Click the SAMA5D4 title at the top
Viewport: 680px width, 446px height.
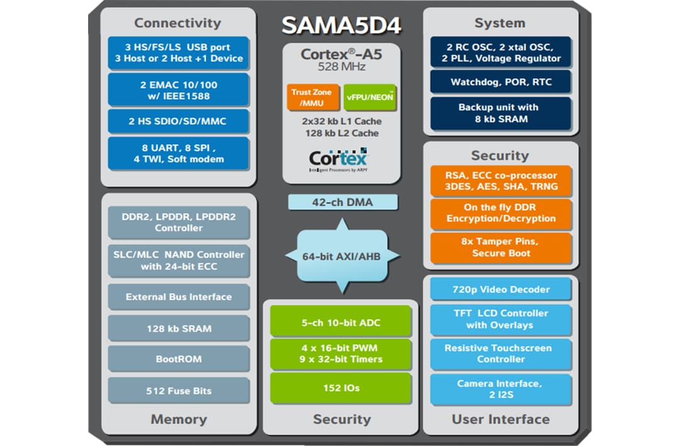coord(341,25)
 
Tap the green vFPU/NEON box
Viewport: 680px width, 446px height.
coord(370,98)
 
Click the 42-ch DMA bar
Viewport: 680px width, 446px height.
coord(343,202)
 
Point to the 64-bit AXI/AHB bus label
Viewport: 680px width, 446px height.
coord(342,256)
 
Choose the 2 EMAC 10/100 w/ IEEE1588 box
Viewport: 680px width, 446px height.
coord(178,90)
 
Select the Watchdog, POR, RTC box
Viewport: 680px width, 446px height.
coord(501,82)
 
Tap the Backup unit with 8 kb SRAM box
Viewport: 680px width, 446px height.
coord(501,113)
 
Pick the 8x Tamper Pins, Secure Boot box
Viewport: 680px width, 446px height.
coord(501,247)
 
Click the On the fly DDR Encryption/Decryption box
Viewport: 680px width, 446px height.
coord(501,213)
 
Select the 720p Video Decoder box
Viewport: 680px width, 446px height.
coord(501,290)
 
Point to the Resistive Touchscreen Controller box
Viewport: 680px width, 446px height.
coord(501,353)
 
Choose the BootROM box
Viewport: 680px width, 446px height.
coord(178,359)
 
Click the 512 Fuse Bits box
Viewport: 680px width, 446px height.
coord(178,391)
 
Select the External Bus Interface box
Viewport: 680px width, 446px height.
coord(178,297)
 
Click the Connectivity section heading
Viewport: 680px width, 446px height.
coord(178,23)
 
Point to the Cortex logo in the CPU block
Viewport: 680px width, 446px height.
coord(337,157)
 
